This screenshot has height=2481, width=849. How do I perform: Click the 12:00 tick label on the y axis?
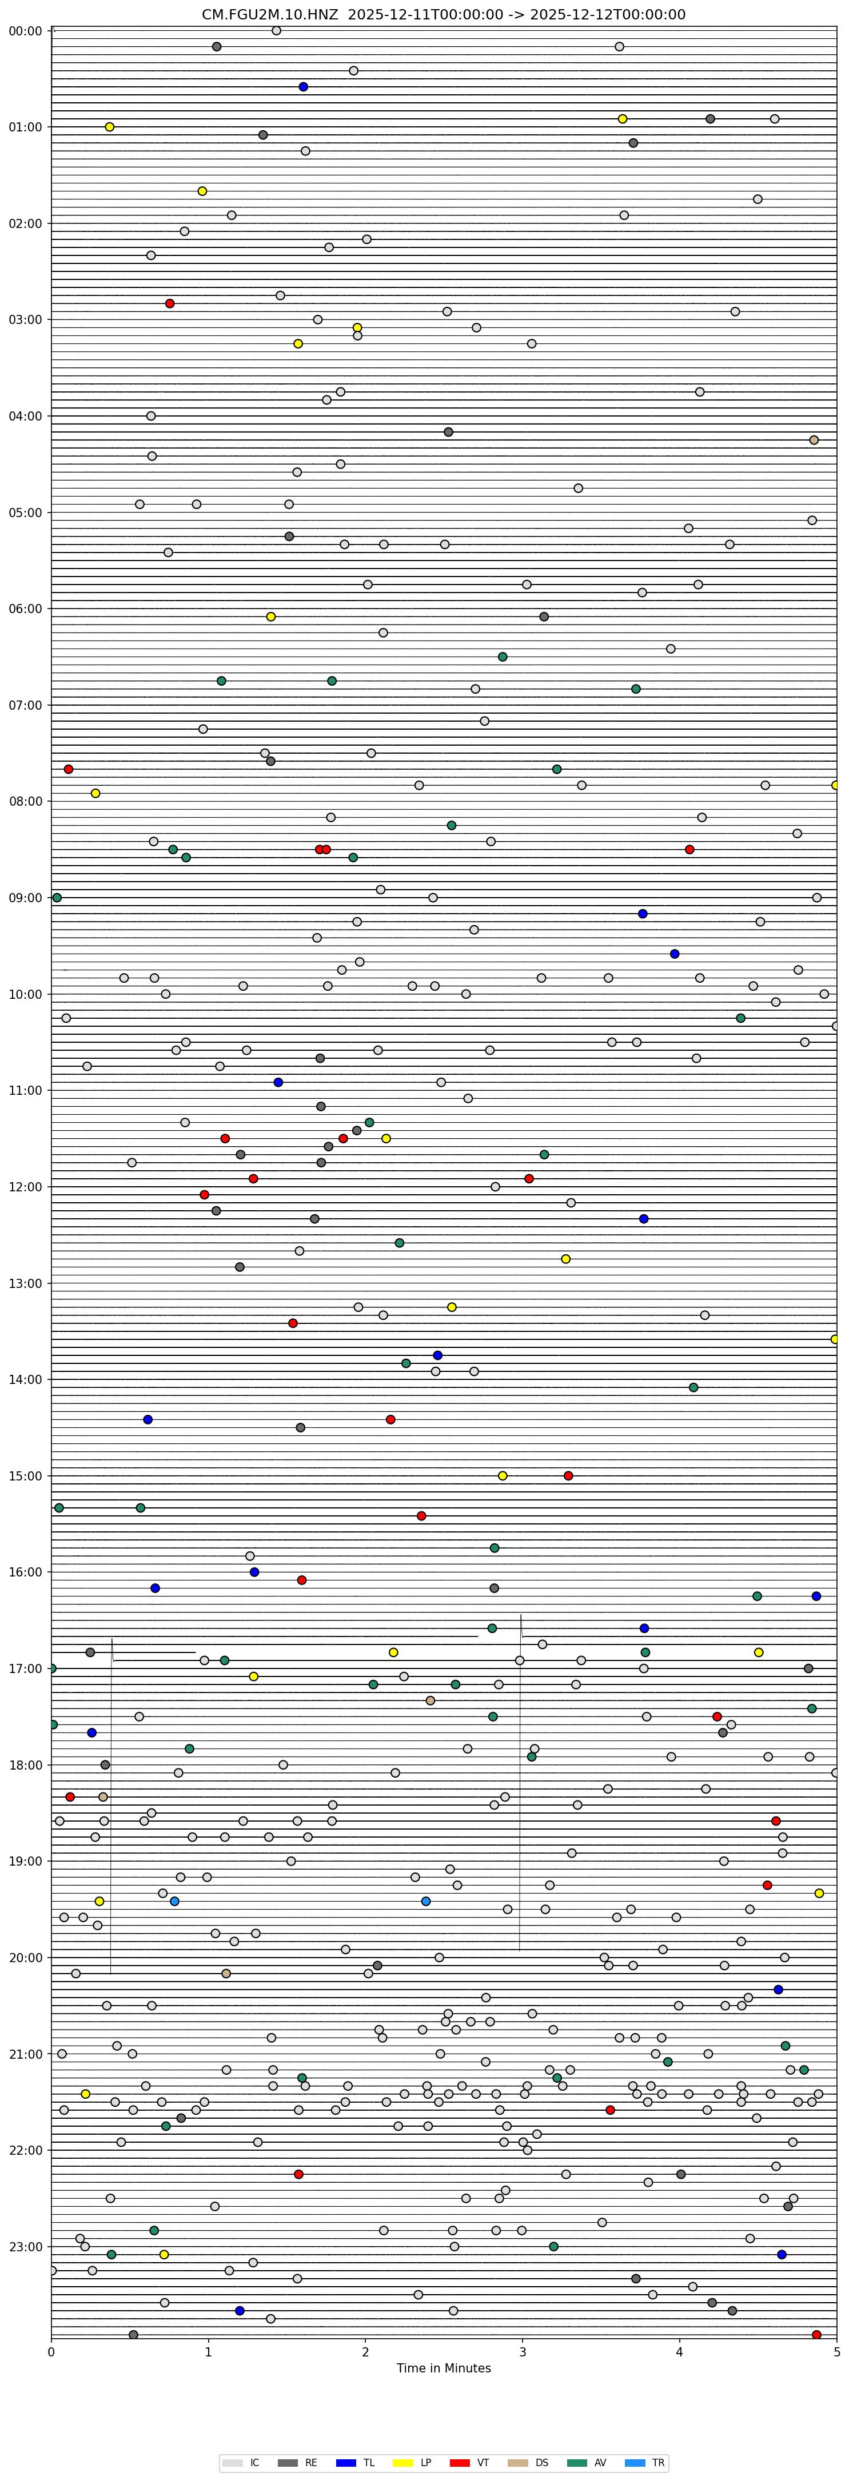24,1187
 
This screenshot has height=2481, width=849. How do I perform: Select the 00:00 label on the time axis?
24,31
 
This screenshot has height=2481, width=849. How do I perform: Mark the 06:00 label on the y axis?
24,609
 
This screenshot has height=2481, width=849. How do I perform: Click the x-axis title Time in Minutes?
443,2368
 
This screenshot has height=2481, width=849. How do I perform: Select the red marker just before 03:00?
170,303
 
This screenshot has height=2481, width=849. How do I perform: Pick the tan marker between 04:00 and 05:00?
814,440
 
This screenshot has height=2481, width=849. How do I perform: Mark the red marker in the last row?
816,2335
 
